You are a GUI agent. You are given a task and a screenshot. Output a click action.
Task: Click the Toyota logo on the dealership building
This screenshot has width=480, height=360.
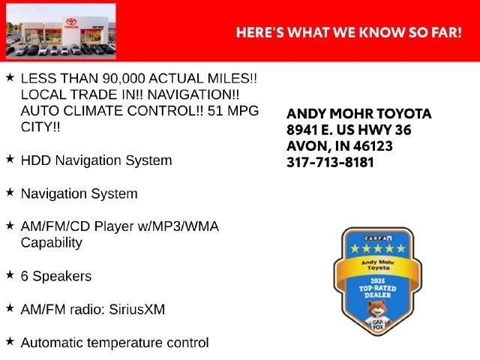pos(71,22)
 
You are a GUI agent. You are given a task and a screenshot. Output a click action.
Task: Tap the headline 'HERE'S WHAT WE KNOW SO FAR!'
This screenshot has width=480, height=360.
pos(349,32)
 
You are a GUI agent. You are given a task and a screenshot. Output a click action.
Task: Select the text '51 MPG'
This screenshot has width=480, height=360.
pos(233,111)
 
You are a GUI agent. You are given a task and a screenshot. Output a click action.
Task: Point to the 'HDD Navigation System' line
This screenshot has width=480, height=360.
pos(97,160)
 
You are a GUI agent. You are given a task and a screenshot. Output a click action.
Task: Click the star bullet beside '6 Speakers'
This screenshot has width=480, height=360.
pos(10,275)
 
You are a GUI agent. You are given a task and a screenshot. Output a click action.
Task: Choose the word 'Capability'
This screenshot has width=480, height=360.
pos(52,243)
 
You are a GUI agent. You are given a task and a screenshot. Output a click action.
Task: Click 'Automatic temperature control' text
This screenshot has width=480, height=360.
pos(115,343)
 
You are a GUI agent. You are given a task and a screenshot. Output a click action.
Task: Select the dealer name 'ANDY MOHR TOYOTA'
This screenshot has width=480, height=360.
pos(359,114)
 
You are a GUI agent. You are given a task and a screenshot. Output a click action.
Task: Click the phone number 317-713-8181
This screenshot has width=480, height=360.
pos(330,162)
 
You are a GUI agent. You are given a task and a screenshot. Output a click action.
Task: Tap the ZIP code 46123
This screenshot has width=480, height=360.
pos(373,146)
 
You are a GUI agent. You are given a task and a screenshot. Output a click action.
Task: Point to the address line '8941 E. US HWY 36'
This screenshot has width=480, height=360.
pos(349,130)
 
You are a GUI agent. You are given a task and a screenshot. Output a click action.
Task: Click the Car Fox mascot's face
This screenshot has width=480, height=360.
pos(377,309)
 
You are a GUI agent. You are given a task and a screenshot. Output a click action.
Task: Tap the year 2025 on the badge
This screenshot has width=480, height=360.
pos(378,281)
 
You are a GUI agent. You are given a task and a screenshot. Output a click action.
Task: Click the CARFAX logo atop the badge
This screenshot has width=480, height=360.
pos(378,238)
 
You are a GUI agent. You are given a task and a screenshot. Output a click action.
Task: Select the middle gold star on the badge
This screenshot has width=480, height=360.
pos(378,248)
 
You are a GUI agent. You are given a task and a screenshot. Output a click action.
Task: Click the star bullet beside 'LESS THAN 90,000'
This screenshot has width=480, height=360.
pos(10,77)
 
